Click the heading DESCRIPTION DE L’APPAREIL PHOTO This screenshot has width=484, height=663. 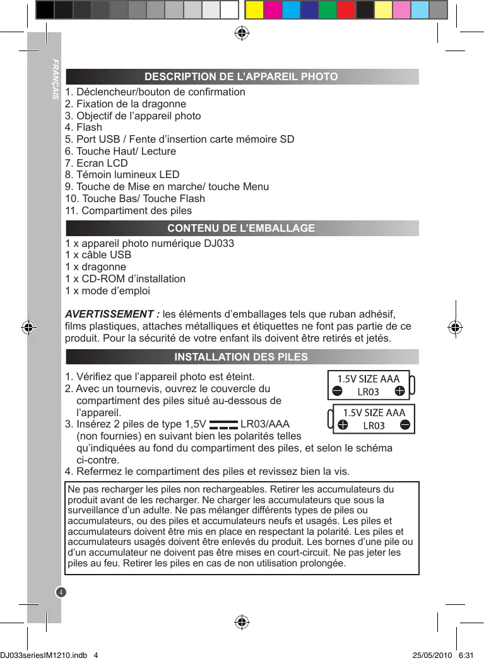[x=241, y=77]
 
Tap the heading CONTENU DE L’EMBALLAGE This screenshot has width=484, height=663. [x=241, y=228]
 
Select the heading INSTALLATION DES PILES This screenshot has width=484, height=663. [x=241, y=357]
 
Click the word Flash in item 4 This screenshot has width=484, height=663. [x=89, y=128]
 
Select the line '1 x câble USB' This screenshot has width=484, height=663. [x=98, y=255]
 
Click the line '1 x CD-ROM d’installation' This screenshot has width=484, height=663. [x=126, y=278]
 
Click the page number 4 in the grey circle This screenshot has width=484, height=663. [x=61, y=592]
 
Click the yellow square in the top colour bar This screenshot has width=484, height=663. [x=254, y=10]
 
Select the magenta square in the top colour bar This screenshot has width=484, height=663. [x=272, y=10]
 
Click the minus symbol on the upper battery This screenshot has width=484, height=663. [x=337, y=391]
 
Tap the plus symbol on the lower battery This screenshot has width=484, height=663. [x=343, y=425]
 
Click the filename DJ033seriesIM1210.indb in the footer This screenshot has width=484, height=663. [x=44, y=655]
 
